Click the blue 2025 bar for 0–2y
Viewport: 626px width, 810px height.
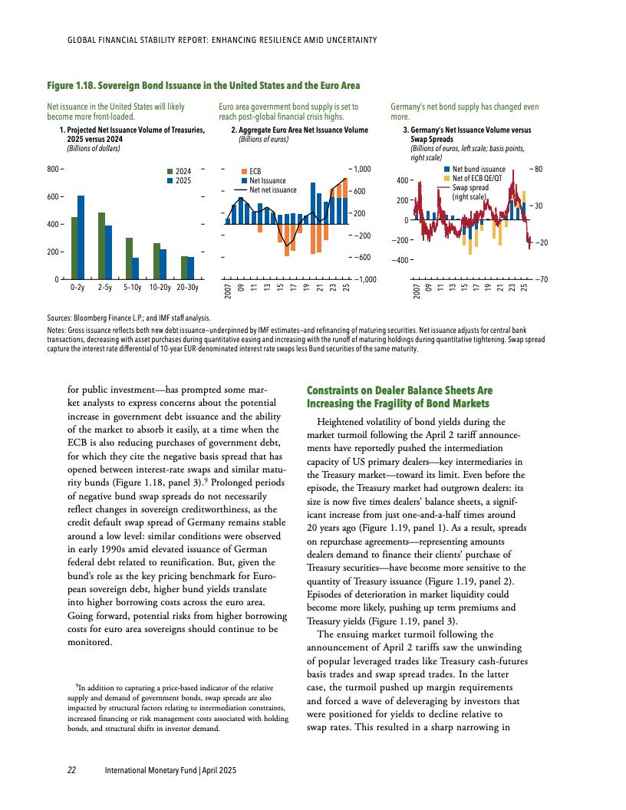[81, 237]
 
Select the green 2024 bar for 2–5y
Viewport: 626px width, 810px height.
[101, 245]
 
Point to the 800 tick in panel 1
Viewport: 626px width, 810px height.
[54, 169]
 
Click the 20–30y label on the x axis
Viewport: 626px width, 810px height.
[187, 288]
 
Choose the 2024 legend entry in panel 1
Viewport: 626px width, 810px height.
[183, 171]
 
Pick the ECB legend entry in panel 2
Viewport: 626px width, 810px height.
[255, 172]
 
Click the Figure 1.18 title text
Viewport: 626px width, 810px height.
[203, 84]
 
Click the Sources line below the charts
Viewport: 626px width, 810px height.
[129, 316]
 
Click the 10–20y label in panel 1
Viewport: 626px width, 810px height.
[160, 288]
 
